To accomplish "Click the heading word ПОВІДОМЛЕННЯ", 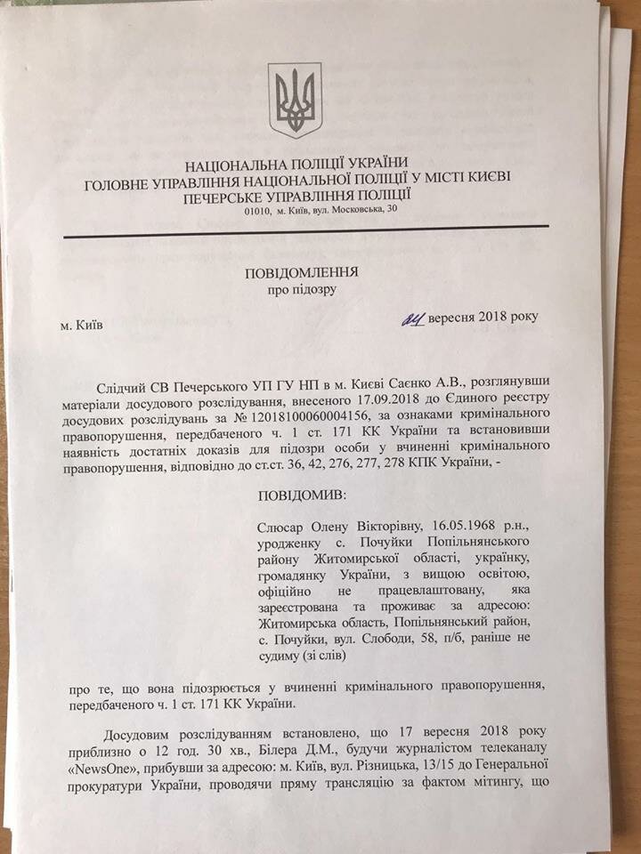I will click(302, 273).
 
